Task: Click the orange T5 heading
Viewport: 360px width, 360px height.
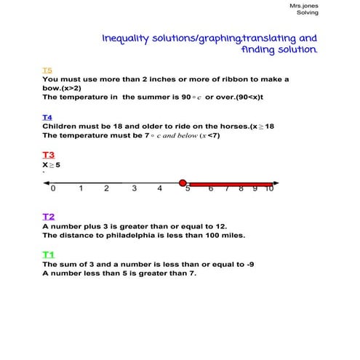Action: [47, 71]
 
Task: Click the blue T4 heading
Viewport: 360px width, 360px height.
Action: [47, 117]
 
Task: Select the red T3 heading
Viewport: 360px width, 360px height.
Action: [48, 155]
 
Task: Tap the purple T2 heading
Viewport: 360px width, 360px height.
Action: [48, 217]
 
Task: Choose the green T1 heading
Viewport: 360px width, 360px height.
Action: [48, 255]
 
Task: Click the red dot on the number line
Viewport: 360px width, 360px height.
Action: [183, 183]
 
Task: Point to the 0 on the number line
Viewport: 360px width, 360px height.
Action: [52, 189]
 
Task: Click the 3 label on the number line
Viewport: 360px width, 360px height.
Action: [134, 189]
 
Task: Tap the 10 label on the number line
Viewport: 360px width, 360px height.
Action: [268, 189]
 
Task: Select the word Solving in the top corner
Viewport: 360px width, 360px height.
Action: [308, 13]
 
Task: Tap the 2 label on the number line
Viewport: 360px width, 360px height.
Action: [106, 189]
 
